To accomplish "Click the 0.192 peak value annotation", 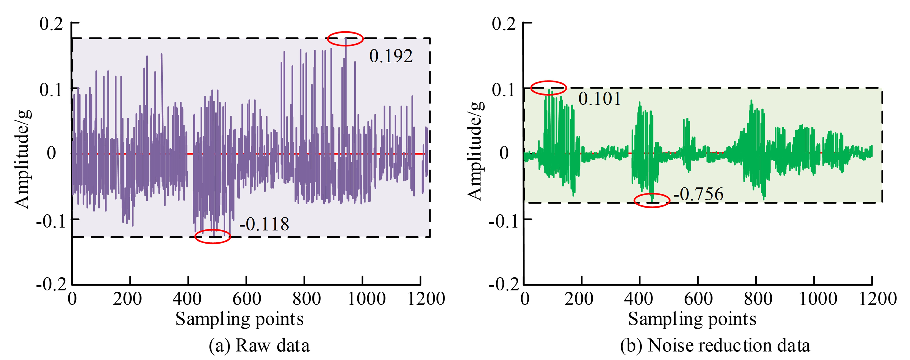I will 391,56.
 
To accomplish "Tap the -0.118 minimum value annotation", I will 264,224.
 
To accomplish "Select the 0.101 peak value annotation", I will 599,98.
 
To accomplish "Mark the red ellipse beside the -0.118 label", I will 213,236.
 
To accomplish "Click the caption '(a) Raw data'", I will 259,345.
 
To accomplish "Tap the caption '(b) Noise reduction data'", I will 715,345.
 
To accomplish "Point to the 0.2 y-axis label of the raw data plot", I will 51,24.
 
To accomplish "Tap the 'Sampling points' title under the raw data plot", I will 239,319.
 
